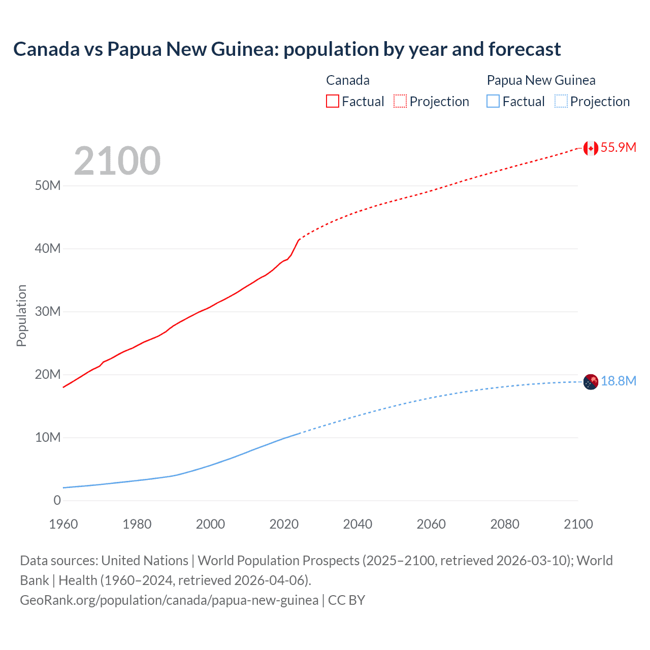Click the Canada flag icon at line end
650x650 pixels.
pyautogui.click(x=591, y=148)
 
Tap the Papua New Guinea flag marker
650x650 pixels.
pyautogui.click(x=591, y=381)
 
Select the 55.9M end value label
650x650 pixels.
pyautogui.click(x=618, y=148)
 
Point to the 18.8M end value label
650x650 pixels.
pyautogui.click(x=618, y=381)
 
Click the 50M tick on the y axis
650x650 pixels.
pyautogui.click(x=48, y=185)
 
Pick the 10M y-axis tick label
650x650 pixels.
pyautogui.click(x=48, y=437)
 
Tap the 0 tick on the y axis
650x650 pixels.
pyautogui.click(x=57, y=500)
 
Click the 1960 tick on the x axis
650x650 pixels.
pyautogui.click(x=63, y=524)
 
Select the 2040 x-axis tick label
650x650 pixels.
pyautogui.click(x=357, y=524)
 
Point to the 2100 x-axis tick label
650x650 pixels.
pyautogui.click(x=578, y=524)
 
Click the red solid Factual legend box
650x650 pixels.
pyautogui.click(x=332, y=101)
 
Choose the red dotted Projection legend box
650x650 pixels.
pyautogui.click(x=400, y=101)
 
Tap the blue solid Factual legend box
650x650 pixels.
pyautogui.click(x=493, y=101)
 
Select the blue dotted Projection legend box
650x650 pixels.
pyautogui.click(x=561, y=101)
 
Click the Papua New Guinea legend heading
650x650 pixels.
pyautogui.click(x=541, y=80)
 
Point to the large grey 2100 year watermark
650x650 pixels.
pyautogui.click(x=117, y=161)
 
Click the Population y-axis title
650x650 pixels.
pyautogui.click(x=21, y=315)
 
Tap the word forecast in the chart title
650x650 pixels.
pyautogui.click(x=525, y=49)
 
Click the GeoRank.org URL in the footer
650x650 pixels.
pyautogui.click(x=169, y=600)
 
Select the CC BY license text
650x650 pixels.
pyautogui.click(x=346, y=600)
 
